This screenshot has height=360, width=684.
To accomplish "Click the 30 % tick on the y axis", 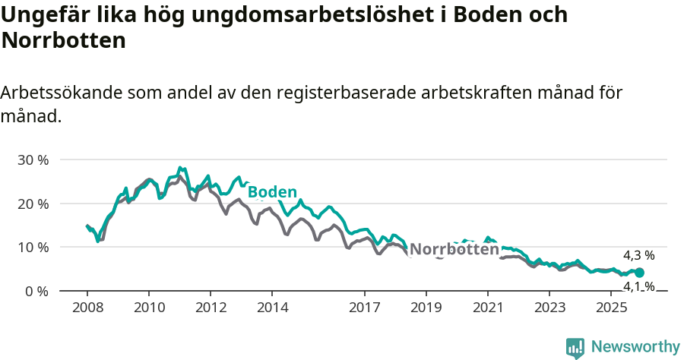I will pyautogui.click(x=33, y=160).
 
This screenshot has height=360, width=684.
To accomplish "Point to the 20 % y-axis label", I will pyautogui.click(x=33, y=204).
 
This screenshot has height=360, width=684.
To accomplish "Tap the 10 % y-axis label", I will pyautogui.click(x=33, y=248).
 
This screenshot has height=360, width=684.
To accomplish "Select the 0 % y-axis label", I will pyautogui.click(x=36, y=292).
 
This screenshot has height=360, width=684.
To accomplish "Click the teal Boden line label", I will pyautogui.click(x=271, y=191).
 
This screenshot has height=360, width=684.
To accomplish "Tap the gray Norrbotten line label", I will pyautogui.click(x=454, y=249).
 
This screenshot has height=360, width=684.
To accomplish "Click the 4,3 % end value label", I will pyautogui.click(x=638, y=256).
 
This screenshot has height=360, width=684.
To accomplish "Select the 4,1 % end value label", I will pyautogui.click(x=638, y=286).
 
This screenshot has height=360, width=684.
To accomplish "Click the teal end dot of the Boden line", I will pyautogui.click(x=639, y=273).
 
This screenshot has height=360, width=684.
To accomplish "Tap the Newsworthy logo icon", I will pyautogui.click(x=575, y=348).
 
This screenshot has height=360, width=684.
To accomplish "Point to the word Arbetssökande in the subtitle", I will pyautogui.click(x=62, y=93).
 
